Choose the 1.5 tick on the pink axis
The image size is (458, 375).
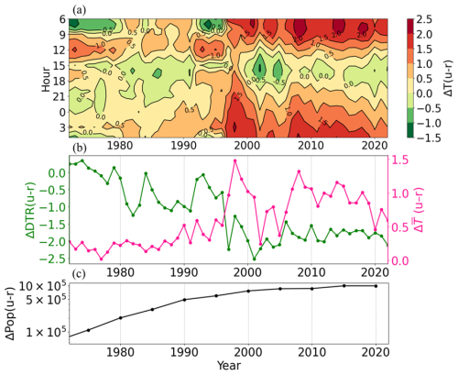400,160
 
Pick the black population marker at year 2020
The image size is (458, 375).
375,285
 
